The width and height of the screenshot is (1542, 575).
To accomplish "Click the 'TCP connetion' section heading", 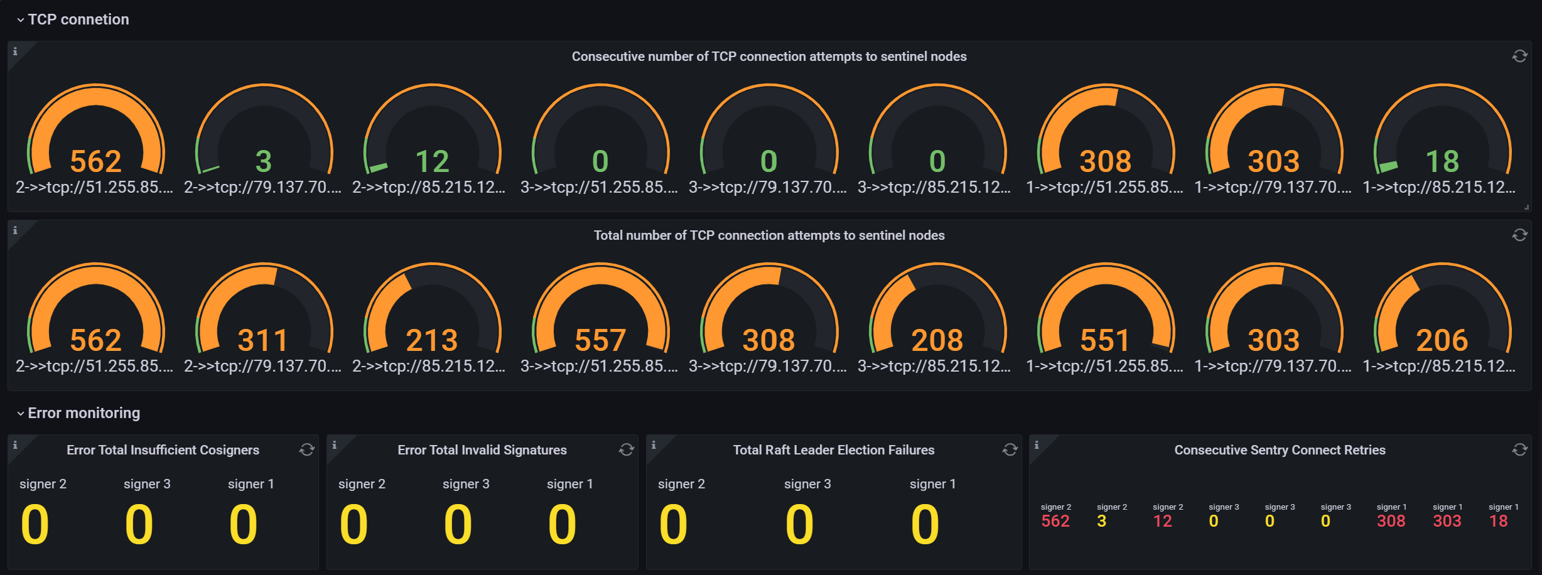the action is (78, 19).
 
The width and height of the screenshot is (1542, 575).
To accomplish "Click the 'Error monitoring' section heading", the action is (84, 413).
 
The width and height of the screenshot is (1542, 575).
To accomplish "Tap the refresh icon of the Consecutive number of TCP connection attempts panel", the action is (1519, 56).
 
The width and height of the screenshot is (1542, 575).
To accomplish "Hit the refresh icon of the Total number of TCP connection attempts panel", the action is (1519, 235).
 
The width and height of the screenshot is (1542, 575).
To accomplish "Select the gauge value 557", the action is (600, 340).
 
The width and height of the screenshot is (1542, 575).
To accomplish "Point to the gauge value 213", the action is (432, 340).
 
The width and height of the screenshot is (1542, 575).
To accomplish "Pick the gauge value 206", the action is (1442, 340).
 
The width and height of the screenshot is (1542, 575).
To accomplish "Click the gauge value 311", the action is (263, 340).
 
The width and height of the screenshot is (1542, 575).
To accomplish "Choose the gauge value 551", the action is (1105, 340).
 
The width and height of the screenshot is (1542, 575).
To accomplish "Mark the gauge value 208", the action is (937, 340).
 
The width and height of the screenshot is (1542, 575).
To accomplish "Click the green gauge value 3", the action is (264, 161).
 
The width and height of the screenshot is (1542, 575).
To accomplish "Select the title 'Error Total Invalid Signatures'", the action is (482, 450).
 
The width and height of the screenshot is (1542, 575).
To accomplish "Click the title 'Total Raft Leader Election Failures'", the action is (834, 450).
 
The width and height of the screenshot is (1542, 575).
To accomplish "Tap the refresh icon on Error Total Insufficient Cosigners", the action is (306, 450).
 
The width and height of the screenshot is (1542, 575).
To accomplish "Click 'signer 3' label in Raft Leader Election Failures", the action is (807, 484).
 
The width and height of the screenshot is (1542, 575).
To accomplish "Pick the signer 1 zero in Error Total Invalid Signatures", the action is (562, 525).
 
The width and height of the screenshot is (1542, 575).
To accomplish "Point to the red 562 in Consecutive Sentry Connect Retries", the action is (1055, 521).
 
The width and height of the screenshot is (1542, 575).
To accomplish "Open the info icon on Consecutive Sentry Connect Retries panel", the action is (1037, 445).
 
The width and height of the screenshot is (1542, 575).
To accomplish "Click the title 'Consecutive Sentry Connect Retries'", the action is (1280, 450).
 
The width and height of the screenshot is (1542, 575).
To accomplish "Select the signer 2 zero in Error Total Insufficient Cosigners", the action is (35, 525).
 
